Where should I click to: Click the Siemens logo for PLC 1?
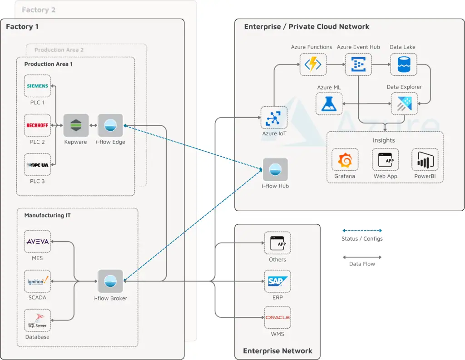[x=38, y=86]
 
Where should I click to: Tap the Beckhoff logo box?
[x=38, y=125]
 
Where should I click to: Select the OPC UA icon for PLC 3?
[x=38, y=165]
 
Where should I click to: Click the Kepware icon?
[x=75, y=125]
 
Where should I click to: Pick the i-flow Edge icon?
[x=110, y=125]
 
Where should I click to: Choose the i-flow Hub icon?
[x=275, y=169]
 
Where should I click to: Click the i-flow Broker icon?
[x=110, y=281]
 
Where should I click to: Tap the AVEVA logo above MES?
[x=38, y=242]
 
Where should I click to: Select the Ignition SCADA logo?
[x=38, y=281]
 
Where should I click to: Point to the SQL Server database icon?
[x=38, y=321]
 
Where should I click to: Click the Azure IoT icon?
[x=274, y=118]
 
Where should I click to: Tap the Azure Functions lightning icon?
[x=313, y=64]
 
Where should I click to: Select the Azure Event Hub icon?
[x=358, y=64]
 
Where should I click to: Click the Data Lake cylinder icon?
[x=403, y=64]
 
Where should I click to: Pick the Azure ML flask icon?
[x=329, y=104]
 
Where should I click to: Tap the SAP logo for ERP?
[x=277, y=281]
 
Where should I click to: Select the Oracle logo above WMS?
[x=277, y=318]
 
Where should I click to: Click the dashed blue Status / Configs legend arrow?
[x=362, y=231]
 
